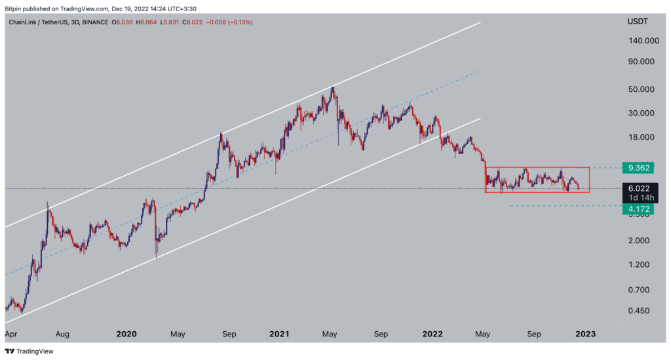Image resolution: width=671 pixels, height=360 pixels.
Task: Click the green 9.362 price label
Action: click(638, 168)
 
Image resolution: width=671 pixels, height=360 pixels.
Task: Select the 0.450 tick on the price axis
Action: click(644, 311)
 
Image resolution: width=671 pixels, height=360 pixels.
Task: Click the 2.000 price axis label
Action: click(644, 240)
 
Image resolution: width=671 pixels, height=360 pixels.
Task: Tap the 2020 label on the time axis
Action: click(126, 333)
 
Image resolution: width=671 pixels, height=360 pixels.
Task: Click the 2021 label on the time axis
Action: click(279, 333)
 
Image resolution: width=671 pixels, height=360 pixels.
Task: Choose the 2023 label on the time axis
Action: click(585, 333)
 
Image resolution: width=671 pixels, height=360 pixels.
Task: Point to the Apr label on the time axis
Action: click(11, 333)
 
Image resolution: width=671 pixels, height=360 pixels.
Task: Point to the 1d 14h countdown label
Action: click(639, 197)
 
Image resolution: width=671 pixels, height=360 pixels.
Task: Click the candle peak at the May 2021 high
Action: click(333, 87)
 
